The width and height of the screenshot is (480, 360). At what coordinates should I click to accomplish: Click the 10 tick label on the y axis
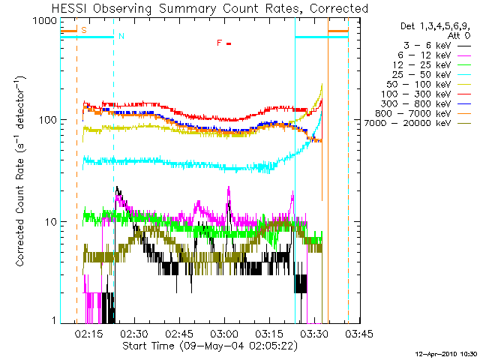coord(52,221)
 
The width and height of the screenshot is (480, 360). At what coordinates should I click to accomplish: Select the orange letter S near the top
coord(83,30)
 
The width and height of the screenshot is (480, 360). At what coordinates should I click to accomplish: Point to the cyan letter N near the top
coord(121,36)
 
